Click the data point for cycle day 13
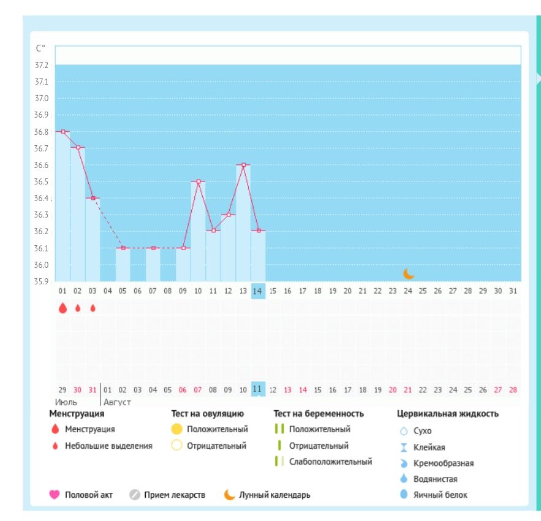click(243, 165)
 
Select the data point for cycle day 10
click(199, 181)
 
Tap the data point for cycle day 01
click(62, 132)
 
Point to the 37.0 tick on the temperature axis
click(42, 98)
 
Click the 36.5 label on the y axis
click(42, 182)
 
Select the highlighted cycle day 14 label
click(258, 291)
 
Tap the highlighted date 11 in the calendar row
click(258, 389)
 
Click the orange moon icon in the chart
click(409, 273)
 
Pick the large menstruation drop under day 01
click(62, 308)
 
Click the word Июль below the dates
click(66, 403)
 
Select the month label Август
click(117, 403)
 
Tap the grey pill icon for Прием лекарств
click(135, 495)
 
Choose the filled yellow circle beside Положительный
click(177, 429)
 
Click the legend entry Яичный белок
click(440, 495)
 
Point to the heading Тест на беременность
click(319, 414)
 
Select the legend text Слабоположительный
click(331, 462)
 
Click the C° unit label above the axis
click(40, 48)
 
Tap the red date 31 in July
click(93, 389)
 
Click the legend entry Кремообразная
click(444, 463)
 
